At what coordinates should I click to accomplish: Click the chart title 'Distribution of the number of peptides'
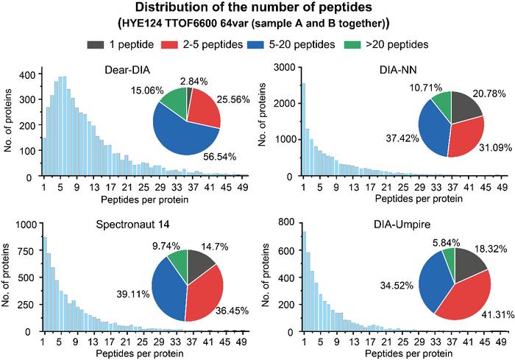257,9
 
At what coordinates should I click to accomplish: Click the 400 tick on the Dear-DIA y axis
26,75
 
